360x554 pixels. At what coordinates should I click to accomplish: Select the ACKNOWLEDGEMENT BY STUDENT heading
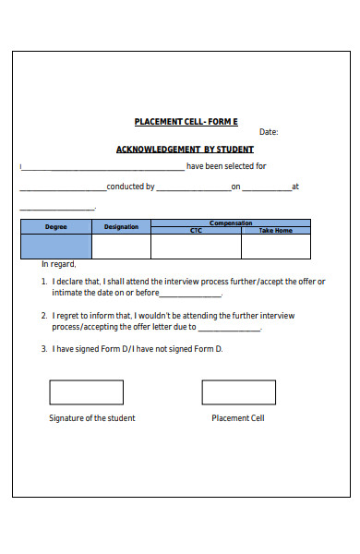pos(185,150)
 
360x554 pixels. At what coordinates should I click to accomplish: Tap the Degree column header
pos(55,226)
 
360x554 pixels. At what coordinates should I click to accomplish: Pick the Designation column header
pos(121,226)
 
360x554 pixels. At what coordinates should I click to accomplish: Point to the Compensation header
pos(230,223)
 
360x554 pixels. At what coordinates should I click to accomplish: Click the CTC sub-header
pos(196,230)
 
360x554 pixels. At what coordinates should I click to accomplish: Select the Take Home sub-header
pos(275,230)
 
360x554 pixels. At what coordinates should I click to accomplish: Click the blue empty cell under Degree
pos(55,246)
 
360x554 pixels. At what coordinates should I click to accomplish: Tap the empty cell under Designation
pos(121,246)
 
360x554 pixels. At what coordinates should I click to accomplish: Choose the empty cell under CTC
pos(196,246)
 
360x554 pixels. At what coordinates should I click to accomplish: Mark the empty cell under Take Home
pos(275,246)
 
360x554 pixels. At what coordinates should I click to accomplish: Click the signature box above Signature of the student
pos(86,392)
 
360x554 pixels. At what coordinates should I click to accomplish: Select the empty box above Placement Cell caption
pos(237,392)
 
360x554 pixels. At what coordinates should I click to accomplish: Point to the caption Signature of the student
pos(91,418)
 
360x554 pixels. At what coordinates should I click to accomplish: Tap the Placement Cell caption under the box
pos(237,418)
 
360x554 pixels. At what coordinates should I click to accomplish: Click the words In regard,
pos(59,264)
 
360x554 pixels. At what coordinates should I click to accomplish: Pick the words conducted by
pos(130,187)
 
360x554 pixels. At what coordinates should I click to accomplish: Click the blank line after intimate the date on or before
pos(191,295)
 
